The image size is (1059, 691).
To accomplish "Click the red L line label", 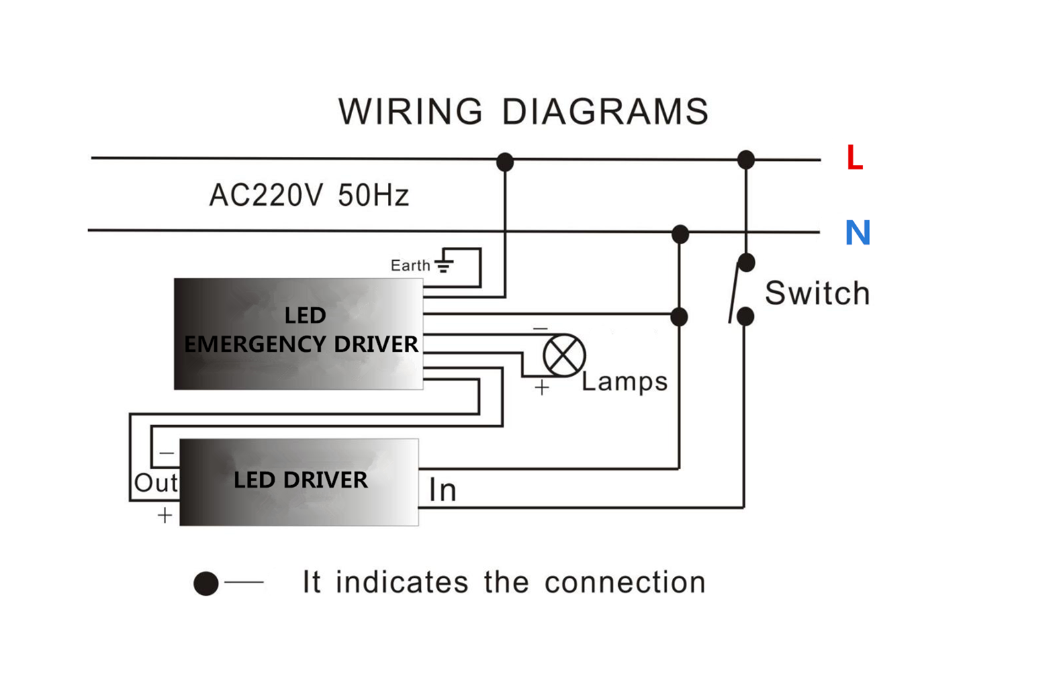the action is click(854, 157).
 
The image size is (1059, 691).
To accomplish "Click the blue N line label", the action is click(858, 232).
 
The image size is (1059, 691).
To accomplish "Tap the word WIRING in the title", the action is click(410, 112).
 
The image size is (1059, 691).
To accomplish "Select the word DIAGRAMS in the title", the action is click(605, 112).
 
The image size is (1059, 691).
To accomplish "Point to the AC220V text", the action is click(267, 195).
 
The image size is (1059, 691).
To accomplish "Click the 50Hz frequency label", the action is click(373, 195).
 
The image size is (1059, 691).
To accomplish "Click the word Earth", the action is click(410, 265).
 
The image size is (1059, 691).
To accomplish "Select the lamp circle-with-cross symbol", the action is click(564, 355).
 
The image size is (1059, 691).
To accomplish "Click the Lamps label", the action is click(625, 382).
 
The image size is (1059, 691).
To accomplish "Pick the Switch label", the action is click(817, 293).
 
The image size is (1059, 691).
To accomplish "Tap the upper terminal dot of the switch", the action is click(746, 263).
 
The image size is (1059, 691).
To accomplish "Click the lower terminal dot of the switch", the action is click(745, 316).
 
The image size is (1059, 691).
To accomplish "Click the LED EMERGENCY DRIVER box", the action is click(299, 334).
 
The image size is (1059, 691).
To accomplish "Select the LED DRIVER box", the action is click(299, 482).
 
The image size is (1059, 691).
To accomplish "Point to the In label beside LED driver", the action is click(443, 490).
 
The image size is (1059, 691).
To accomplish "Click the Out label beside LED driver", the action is click(156, 483).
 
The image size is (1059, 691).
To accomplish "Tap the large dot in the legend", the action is click(206, 583).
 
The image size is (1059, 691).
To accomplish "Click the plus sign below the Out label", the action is click(165, 515).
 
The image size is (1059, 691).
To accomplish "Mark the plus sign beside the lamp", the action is click(542, 388).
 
